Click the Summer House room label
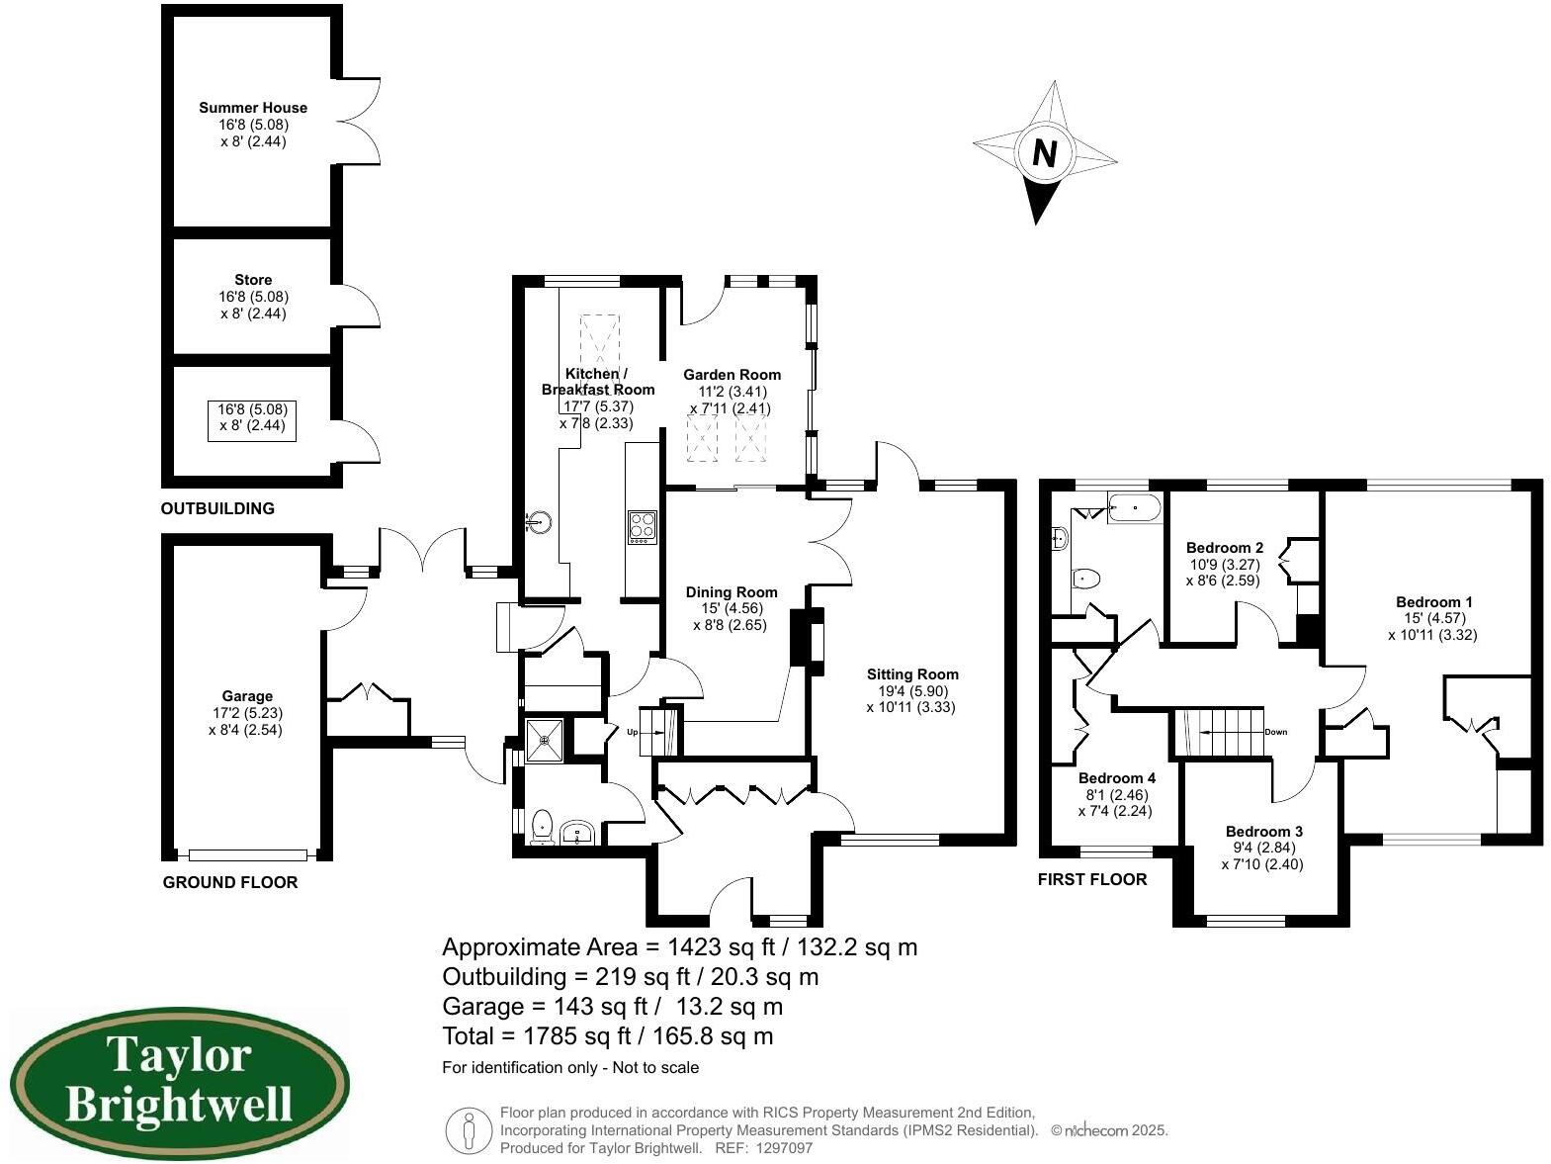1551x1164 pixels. click(253, 108)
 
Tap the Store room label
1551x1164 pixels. click(253, 280)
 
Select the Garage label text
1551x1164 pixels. click(246, 696)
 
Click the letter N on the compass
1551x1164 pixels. click(1045, 153)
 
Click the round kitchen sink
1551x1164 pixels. click(540, 521)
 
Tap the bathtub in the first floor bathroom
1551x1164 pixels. click(1135, 508)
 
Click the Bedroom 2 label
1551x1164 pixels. click(1224, 548)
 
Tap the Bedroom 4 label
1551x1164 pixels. click(1116, 778)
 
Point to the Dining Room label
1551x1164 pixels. click(731, 592)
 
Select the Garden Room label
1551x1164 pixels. click(732, 375)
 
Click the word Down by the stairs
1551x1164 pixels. click(1275, 732)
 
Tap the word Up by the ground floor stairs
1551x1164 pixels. click(633, 732)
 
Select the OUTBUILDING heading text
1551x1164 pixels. click(217, 508)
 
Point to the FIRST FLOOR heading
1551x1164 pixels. click(1091, 879)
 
